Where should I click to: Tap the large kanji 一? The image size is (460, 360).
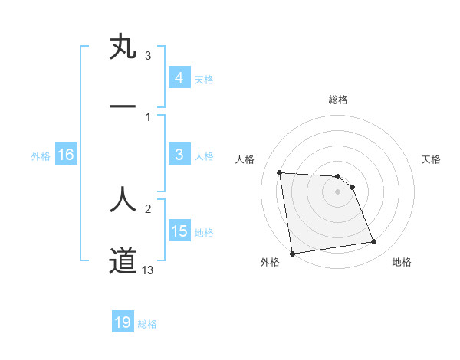(123, 106)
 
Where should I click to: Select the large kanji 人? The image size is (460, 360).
(123, 198)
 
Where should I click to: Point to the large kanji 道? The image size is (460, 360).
(123, 260)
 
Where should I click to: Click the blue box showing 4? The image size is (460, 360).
(179, 77)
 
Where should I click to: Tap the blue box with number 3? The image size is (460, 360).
(179, 155)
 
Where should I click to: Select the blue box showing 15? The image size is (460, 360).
(179, 231)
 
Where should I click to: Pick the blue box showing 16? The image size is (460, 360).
(66, 155)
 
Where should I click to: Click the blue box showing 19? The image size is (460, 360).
(123, 322)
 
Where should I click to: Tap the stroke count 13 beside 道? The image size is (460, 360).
(148, 270)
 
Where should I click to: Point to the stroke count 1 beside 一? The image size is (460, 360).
(148, 116)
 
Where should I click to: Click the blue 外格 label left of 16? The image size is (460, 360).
(41, 155)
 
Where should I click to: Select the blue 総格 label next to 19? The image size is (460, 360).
(147, 323)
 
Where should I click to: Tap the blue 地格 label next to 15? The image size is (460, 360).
(204, 232)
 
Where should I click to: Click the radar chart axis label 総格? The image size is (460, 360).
(338, 100)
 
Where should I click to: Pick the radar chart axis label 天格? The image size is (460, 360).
(432, 159)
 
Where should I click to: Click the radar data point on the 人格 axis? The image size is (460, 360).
(280, 172)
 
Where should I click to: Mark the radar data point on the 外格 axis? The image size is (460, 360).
(291, 254)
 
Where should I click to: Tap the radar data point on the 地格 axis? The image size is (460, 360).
(373, 242)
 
